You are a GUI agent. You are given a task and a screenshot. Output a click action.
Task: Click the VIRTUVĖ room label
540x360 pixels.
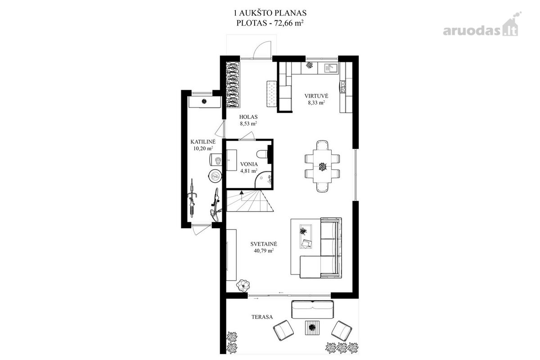pyautogui.click(x=316, y=96)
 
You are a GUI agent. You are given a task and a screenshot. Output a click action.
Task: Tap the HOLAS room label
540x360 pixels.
pyautogui.click(x=248, y=117)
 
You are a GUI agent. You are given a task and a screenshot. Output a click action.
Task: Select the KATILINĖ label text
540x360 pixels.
pyautogui.click(x=203, y=142)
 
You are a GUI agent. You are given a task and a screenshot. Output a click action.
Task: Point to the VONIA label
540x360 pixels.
pyautogui.click(x=249, y=164)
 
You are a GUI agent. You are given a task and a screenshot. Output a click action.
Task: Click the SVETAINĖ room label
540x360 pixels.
pyautogui.click(x=264, y=244)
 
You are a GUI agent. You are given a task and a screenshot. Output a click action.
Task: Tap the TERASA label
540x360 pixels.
pyautogui.click(x=262, y=317)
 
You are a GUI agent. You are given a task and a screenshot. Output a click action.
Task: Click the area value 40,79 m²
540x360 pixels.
pyautogui.click(x=264, y=251)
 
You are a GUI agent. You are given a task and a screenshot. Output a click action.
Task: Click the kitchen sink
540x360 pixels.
pyautogui.click(x=328, y=68)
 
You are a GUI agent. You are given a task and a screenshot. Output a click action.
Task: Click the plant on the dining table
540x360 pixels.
pyautogui.click(x=322, y=166)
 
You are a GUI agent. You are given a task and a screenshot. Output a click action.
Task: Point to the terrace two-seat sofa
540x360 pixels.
pyautogui.click(x=313, y=309)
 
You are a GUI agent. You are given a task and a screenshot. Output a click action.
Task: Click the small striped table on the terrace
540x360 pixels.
pyautogui.click(x=312, y=328)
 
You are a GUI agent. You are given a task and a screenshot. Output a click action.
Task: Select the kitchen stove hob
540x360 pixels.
pyautogui.click(x=342, y=87)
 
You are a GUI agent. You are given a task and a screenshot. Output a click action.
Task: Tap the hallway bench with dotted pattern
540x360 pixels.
pyautogui.click(x=272, y=94)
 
